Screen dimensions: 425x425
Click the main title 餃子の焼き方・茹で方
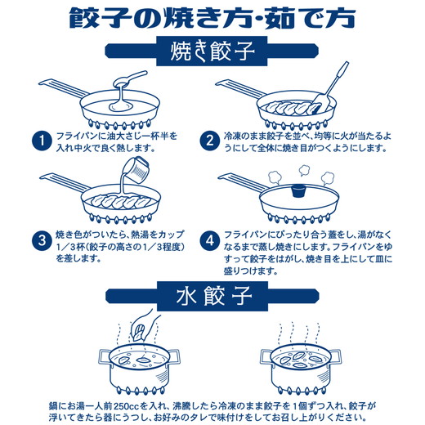212,18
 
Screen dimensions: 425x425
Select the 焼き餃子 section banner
212,56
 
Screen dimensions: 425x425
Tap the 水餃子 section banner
212,293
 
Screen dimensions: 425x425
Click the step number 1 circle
38,140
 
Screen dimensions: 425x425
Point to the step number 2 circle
210,140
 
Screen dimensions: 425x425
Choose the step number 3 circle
38,241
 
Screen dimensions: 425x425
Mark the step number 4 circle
210,241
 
